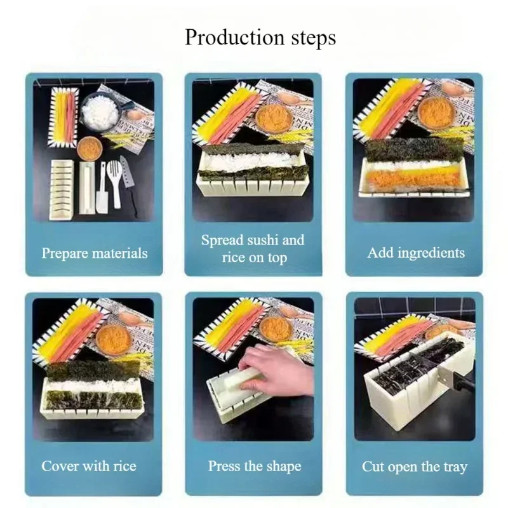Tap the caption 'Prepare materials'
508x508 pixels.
[95, 253]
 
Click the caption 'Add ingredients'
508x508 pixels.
[416, 252]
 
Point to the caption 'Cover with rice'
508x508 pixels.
[89, 465]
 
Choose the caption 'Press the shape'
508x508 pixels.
[254, 465]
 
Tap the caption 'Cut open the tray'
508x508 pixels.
[415, 467]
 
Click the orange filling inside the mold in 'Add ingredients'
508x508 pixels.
[413, 180]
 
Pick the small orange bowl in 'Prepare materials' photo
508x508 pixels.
[90, 147]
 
